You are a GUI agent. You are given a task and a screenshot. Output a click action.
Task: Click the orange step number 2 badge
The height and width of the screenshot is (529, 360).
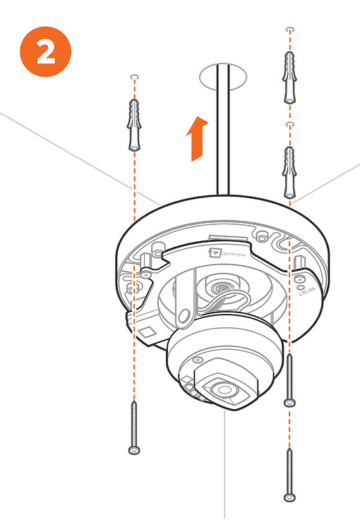(47, 54)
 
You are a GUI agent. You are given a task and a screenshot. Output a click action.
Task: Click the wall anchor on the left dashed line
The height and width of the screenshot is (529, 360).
(135, 124)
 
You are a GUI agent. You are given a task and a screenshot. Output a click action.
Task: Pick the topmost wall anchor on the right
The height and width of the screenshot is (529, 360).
(289, 76)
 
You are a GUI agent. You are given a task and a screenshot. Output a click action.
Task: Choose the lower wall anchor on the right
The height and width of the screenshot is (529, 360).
(289, 171)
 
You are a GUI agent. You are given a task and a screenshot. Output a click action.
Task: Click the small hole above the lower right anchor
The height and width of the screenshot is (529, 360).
(289, 125)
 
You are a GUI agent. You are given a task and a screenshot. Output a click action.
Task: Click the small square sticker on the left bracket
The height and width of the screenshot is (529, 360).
(145, 331)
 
